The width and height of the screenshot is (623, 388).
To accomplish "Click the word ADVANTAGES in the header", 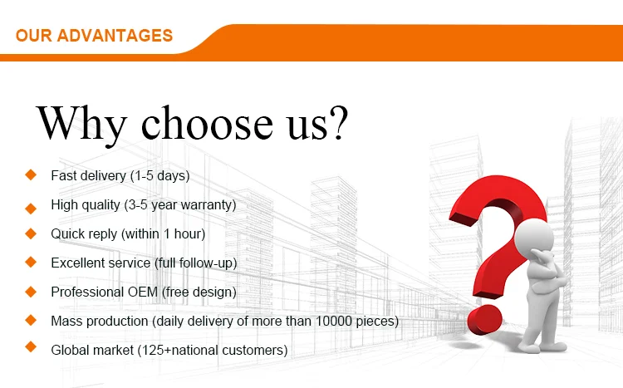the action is click(115, 36).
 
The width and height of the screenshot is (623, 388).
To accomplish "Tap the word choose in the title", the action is click(207, 122).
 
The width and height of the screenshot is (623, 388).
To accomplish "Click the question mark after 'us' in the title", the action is click(339, 122).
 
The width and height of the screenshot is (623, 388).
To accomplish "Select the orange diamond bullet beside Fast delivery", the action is click(31, 174).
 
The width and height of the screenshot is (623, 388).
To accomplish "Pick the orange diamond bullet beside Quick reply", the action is click(31, 233).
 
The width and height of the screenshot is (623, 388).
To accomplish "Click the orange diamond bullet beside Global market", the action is click(31, 347).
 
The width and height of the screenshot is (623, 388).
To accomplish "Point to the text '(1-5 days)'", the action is click(159, 175).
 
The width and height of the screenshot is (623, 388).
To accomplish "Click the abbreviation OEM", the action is click(143, 292).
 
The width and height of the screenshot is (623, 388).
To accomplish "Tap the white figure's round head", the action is click(534, 238).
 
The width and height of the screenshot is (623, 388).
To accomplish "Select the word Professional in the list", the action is click(87, 292).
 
